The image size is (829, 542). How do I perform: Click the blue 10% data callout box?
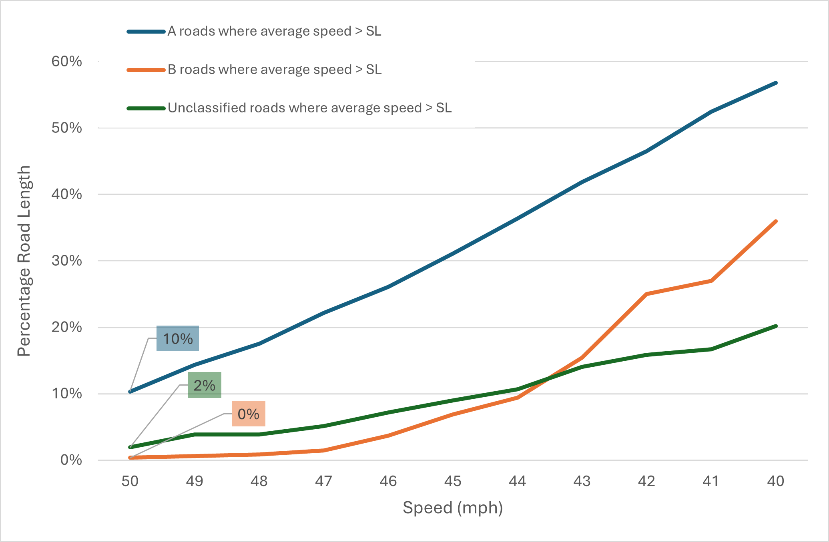[177, 338]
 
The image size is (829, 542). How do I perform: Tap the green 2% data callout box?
[204, 385]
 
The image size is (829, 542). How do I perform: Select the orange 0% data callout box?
[248, 414]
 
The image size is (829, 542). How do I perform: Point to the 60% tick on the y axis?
[66, 61]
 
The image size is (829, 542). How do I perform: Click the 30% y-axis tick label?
[66, 261]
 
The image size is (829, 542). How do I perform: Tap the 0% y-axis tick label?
[71, 460]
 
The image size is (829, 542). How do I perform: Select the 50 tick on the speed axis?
[130, 481]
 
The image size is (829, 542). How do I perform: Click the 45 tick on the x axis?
[453, 481]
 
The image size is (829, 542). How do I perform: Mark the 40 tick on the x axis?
[776, 481]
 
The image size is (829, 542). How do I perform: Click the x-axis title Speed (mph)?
[453, 508]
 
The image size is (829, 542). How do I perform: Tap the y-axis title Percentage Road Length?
[24, 261]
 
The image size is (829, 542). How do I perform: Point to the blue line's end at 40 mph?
[776, 83]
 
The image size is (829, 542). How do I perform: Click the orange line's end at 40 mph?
[776, 221]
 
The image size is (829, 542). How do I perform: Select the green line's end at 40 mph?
[776, 326]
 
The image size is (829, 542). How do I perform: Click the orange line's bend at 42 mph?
[646, 294]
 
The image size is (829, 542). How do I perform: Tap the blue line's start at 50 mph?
[130, 392]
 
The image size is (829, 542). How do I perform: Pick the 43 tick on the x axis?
[582, 481]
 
